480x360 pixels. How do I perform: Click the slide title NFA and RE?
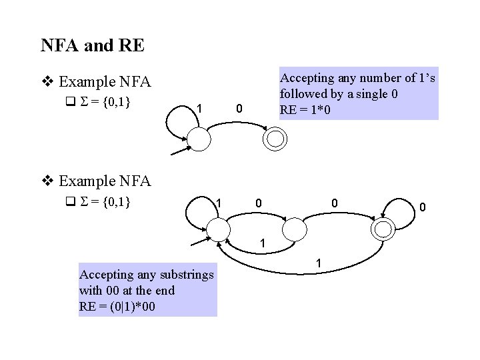(x=93, y=45)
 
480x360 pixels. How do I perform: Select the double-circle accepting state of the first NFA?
(x=275, y=138)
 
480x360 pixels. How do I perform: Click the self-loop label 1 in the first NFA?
(x=200, y=107)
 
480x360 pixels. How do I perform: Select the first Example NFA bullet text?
(x=105, y=83)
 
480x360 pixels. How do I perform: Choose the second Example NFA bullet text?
(x=105, y=181)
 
